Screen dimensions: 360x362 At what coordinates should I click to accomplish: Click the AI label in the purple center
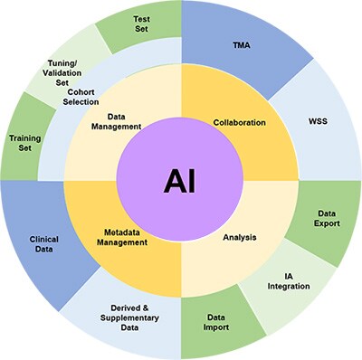coord(179,181)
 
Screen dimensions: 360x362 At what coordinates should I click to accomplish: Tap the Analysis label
coord(240,238)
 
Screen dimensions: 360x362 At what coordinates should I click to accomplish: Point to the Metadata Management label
coord(125,238)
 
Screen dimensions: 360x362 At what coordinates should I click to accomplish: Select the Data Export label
coord(326,216)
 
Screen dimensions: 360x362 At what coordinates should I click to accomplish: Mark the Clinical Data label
coord(43,245)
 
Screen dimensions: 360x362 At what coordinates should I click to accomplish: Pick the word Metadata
coord(125,232)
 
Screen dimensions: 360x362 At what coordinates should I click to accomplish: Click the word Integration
coord(289,286)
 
